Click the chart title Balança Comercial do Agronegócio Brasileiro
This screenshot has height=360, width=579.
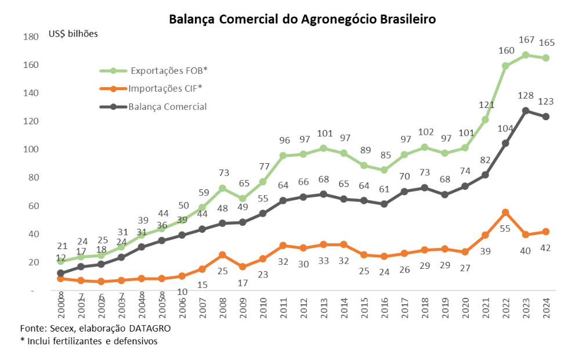(302, 19)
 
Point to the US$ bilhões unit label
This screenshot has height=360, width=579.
(73, 33)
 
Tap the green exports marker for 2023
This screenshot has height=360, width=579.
(526, 55)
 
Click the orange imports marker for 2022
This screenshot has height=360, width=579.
(505, 213)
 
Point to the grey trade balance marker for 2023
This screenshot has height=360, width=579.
(526, 110)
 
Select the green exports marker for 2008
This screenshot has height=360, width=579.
(222, 188)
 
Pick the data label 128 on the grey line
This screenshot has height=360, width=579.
(526, 96)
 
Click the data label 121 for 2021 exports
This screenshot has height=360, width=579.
(485, 105)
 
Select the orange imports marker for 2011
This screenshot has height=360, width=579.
(283, 246)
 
